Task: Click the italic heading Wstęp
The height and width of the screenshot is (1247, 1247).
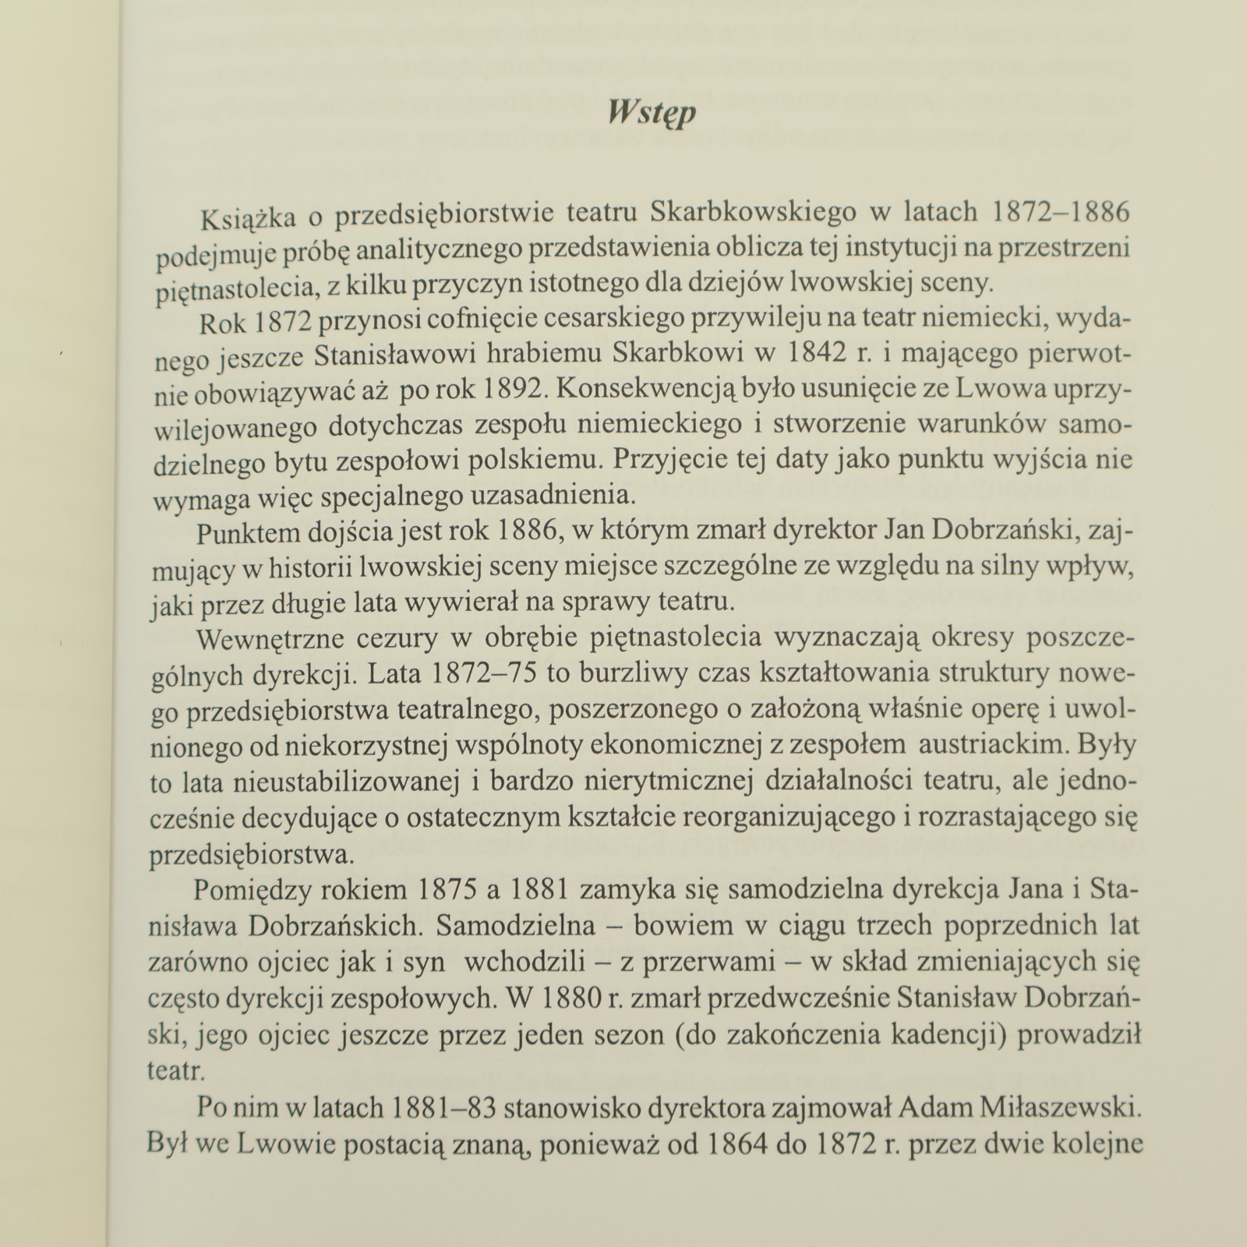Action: pyautogui.click(x=651, y=113)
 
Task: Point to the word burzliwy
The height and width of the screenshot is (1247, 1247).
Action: pyautogui.click(x=623, y=674)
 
